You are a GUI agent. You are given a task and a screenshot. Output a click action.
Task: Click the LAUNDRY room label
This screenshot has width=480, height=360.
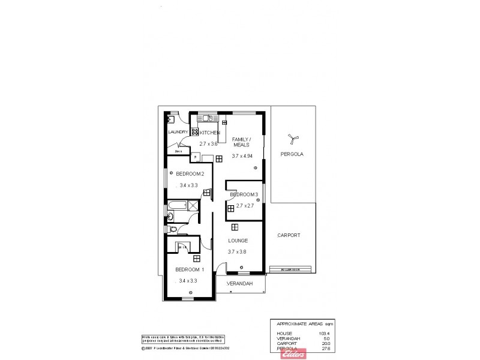point(178,132)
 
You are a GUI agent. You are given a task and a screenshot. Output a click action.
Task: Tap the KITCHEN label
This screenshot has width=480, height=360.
point(210,132)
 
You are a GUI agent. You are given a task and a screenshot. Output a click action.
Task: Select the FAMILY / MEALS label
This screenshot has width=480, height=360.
point(242,142)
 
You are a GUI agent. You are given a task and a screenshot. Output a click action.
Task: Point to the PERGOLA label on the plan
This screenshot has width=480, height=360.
point(292,154)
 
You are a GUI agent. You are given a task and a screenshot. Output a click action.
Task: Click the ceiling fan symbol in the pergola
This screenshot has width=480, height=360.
point(292,139)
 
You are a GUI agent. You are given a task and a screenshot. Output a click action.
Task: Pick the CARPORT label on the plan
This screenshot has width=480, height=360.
point(289,236)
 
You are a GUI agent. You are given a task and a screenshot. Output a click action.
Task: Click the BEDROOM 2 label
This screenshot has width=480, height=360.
point(190,174)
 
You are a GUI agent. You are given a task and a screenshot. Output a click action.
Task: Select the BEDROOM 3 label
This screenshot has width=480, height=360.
point(244,195)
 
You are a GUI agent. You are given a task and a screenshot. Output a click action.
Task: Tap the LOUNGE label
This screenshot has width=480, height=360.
point(238,241)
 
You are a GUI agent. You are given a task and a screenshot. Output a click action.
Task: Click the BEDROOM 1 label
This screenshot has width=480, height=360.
point(190,269)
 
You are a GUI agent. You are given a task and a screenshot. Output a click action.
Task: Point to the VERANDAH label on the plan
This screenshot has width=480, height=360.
point(239,284)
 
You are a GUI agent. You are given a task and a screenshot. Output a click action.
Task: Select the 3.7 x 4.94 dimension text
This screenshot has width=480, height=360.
point(244,156)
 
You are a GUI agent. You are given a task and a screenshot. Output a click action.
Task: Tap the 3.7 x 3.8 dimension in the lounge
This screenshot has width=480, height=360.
point(238,251)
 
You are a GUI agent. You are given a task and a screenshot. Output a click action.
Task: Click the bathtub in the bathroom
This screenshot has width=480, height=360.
point(176,207)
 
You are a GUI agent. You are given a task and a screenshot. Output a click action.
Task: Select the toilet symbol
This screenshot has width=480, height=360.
point(173,229)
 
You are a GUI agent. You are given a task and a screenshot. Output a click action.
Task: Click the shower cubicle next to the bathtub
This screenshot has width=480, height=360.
point(193,206)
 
